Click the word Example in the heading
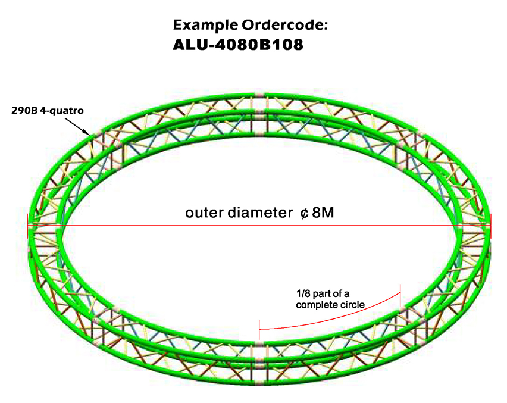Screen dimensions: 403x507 click(x=202, y=25)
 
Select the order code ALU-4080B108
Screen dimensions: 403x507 click(x=239, y=45)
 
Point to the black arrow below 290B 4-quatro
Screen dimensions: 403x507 click(x=76, y=124)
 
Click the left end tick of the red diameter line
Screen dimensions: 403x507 click(x=27, y=227)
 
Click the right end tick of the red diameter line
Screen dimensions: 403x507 click(x=491, y=227)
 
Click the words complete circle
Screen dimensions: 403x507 click(x=330, y=304)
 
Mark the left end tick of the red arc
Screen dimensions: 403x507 click(x=259, y=328)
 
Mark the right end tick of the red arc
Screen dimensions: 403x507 click(x=400, y=292)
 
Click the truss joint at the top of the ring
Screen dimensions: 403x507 click(x=259, y=96)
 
